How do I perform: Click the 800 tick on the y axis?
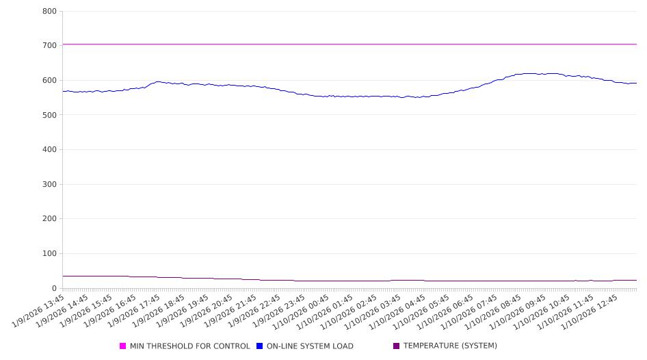[x=49, y=11]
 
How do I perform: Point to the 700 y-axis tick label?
[x=49, y=46]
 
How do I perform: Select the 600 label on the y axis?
[x=49, y=80]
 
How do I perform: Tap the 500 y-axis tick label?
[x=49, y=115]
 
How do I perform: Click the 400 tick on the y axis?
[x=49, y=150]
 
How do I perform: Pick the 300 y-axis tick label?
[x=49, y=184]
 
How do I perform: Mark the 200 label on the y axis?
[x=49, y=219]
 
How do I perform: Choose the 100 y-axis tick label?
[x=49, y=254]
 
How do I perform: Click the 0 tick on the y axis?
[x=53, y=288]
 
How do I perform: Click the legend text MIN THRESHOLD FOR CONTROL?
[x=189, y=346]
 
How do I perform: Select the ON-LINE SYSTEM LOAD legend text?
[x=310, y=346]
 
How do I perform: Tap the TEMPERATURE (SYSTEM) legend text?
[x=450, y=346]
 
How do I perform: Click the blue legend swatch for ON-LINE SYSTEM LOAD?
[x=260, y=346]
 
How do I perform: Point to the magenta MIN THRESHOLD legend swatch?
[x=123, y=346]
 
